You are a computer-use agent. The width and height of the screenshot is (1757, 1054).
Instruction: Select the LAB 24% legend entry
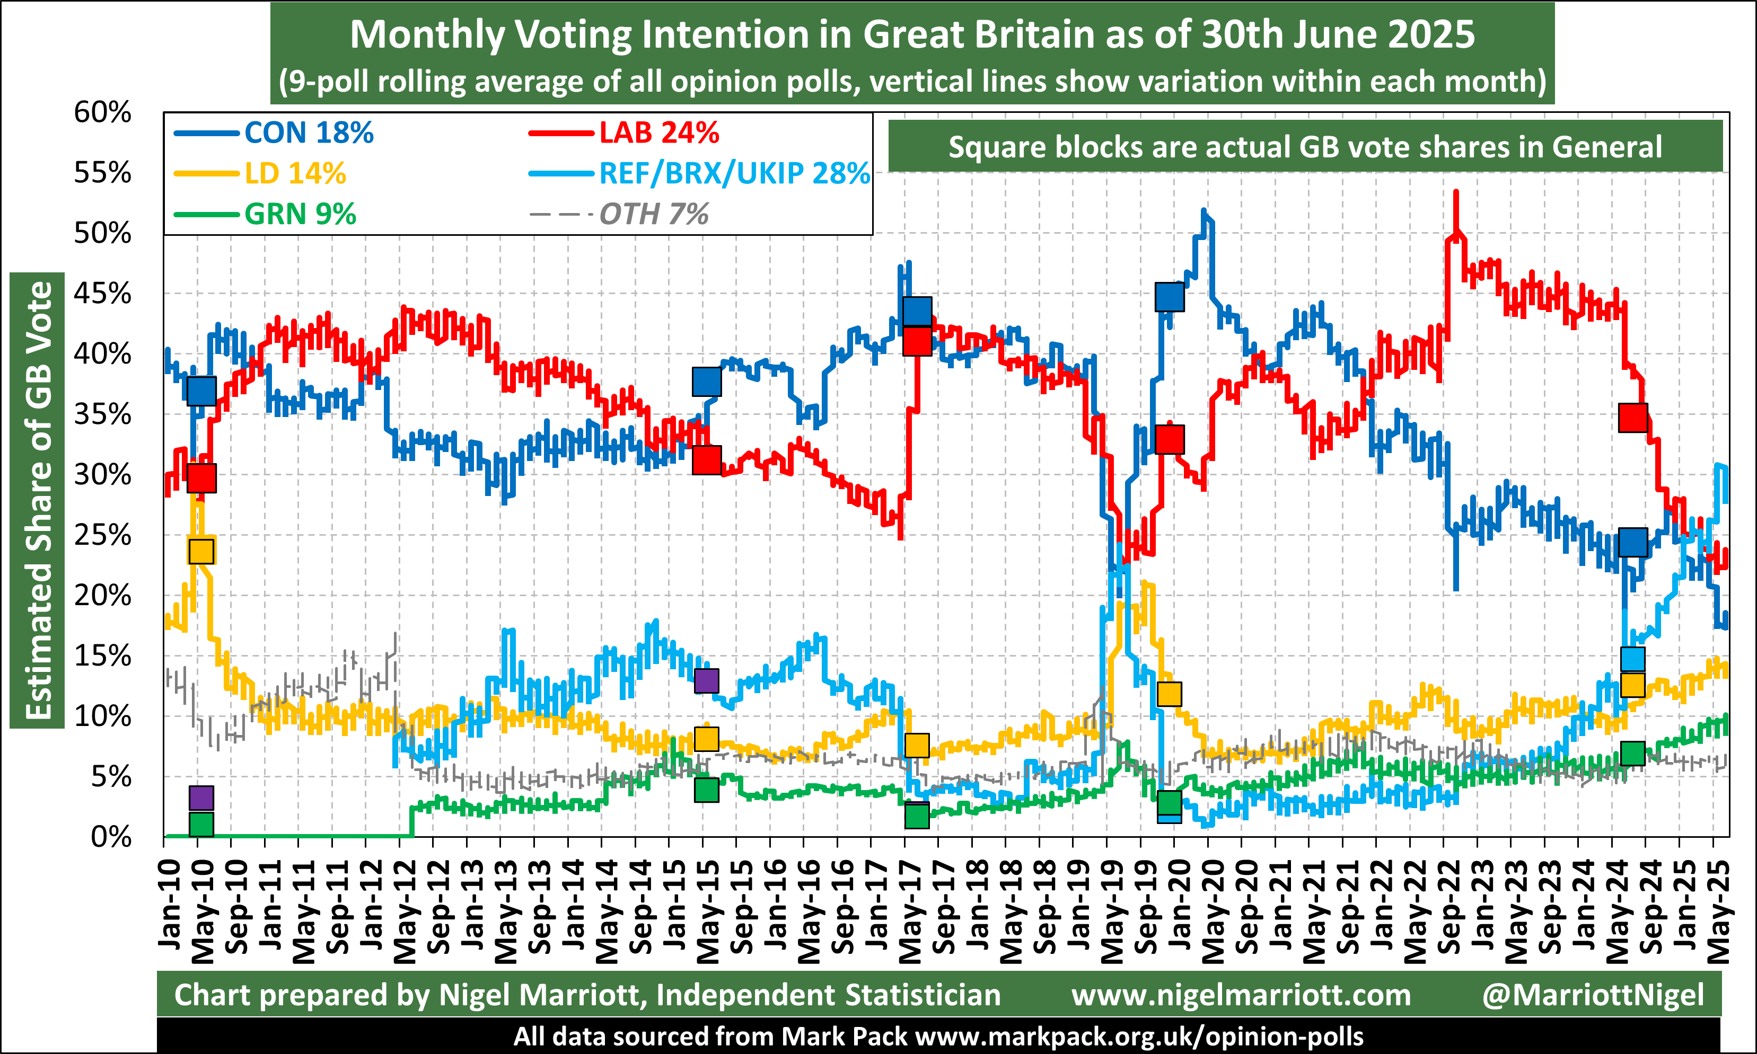pos(658,133)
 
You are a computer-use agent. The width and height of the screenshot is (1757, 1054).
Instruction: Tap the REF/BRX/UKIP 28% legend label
pos(734,173)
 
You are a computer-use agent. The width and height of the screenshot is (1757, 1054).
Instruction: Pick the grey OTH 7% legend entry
pos(654,214)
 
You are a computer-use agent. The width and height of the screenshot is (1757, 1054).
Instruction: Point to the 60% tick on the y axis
pos(103,112)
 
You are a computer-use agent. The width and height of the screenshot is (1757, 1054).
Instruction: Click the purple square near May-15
pos(706,680)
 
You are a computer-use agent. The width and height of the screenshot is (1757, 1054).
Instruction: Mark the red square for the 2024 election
pos(1632,418)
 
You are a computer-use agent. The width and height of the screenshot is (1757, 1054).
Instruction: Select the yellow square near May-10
pos(201,551)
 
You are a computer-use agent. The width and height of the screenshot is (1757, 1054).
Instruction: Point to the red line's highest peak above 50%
pos(1456,192)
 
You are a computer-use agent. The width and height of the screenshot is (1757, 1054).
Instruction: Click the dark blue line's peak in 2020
pos(1203,211)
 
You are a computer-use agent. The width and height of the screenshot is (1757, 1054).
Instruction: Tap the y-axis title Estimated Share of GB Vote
pos(37,500)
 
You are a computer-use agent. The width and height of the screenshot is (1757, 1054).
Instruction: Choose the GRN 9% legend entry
pos(300,214)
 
